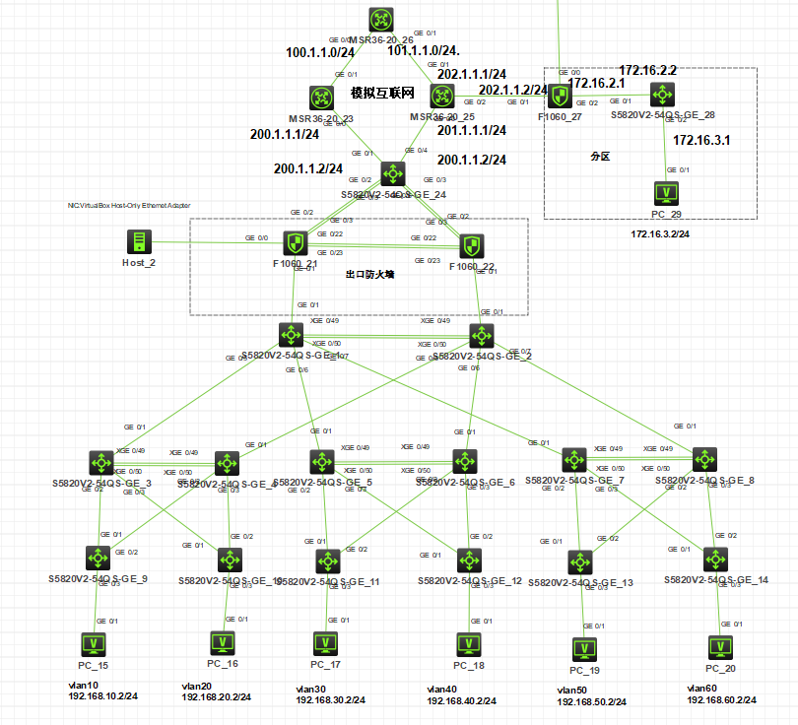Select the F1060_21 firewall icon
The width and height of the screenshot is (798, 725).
click(x=296, y=242)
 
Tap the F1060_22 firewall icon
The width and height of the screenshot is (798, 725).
click(x=471, y=246)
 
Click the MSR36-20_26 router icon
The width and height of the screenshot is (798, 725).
click(x=381, y=20)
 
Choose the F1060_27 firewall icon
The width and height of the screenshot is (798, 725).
click(x=560, y=96)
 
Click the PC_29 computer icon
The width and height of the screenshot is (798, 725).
click(x=667, y=193)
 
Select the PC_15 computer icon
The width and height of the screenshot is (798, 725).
click(x=96, y=644)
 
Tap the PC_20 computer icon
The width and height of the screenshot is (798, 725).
click(x=721, y=647)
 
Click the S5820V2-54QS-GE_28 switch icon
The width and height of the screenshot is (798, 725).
click(x=662, y=95)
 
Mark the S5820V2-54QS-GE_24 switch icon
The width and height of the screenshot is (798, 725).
click(x=393, y=173)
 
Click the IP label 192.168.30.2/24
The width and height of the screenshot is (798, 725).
click(x=330, y=700)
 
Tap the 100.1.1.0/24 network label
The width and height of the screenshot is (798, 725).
click(x=320, y=52)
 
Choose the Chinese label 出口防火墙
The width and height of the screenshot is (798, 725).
click(x=369, y=275)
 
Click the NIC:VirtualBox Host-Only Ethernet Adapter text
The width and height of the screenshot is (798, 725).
click(x=128, y=205)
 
